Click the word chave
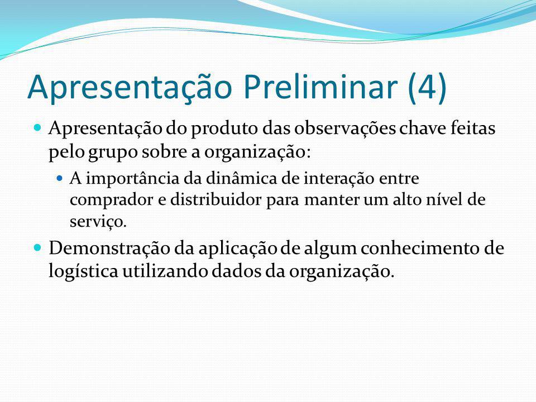423,128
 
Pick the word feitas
473,128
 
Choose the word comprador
112,200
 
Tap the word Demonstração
109,248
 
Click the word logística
83,272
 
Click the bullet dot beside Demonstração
37,247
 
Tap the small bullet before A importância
60,178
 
